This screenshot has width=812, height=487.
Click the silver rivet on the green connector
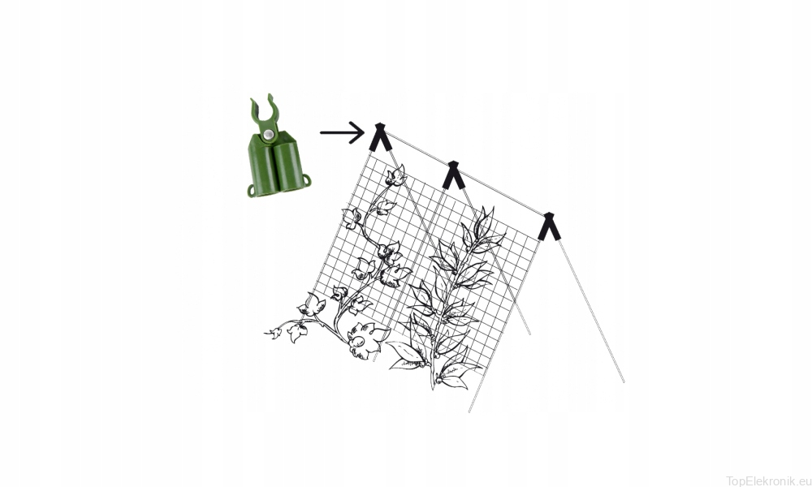(267, 135)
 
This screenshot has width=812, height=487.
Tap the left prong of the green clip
(255, 110)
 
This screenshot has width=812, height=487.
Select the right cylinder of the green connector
(287, 166)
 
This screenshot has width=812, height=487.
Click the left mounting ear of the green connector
(251, 191)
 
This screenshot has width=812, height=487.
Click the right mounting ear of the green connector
(306, 180)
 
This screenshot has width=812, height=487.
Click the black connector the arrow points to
(379, 136)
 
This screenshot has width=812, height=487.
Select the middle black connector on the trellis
(453, 175)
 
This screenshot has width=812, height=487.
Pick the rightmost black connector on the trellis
(548, 226)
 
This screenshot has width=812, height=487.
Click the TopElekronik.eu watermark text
(768, 481)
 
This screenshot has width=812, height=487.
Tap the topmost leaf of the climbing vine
(395, 175)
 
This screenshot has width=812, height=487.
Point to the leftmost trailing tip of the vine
(266, 333)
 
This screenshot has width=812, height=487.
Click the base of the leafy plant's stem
(434, 386)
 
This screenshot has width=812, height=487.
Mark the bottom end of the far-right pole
(623, 381)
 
